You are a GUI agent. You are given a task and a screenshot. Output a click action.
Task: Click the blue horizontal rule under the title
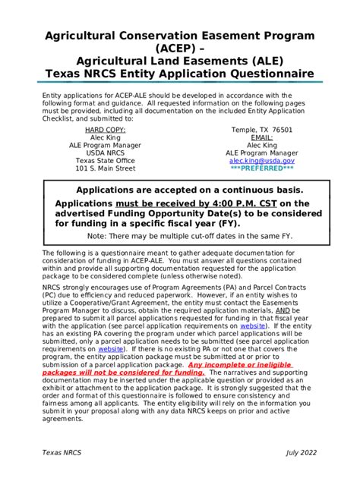point(179,83)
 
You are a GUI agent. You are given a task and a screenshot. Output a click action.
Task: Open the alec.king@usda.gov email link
point(261,161)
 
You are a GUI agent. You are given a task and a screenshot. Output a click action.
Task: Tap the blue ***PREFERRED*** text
point(261,168)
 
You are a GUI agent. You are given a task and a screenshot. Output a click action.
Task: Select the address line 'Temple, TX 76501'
point(261,130)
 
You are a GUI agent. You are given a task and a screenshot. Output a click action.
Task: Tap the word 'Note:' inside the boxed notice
point(100,236)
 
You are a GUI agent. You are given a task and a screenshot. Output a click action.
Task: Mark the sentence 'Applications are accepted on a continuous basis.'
point(179,190)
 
